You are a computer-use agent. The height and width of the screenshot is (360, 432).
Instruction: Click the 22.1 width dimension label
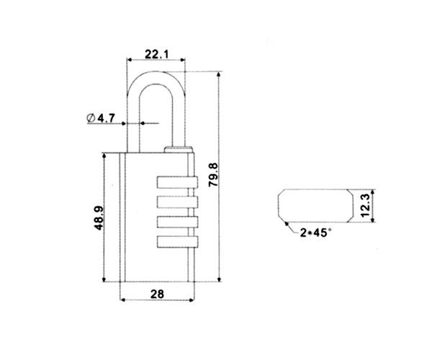point(156,54)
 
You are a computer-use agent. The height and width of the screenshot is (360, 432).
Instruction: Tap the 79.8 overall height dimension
point(214,175)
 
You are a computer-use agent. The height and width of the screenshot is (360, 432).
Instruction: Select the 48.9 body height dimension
point(99,218)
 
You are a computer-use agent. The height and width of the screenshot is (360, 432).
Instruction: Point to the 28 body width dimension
point(157,294)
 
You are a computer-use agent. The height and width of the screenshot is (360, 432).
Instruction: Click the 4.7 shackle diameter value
point(107,118)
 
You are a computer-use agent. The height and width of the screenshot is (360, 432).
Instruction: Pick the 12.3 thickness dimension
point(364,205)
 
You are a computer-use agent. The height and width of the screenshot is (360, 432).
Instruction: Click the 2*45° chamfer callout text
point(315,233)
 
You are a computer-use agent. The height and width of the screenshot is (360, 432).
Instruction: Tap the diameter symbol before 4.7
point(91,118)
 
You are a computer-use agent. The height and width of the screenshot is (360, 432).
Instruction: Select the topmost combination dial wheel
point(177,182)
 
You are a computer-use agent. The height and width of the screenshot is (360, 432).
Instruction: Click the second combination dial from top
point(177,202)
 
